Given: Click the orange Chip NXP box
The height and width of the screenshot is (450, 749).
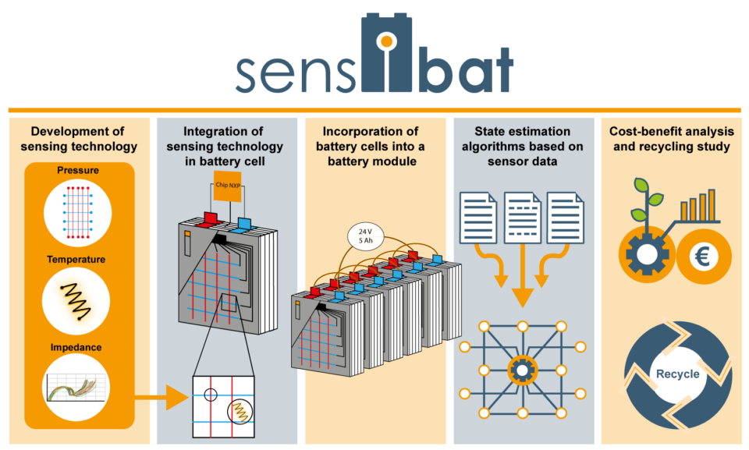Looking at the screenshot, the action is point(227,186).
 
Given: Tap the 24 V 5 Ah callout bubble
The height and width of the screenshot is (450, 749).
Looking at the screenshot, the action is point(365,236).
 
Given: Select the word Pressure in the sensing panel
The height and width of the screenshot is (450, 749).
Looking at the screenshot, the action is point(78,171).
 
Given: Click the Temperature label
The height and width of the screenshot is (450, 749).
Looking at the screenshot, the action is point(76,260).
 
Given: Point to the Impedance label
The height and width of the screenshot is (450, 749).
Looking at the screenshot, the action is point(76,347).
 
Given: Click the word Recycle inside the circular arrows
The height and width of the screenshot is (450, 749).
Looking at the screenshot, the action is point(677,374).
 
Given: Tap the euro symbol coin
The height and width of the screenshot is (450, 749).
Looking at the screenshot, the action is point(703,257).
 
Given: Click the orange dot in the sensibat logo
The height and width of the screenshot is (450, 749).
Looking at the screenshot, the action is point(387,42).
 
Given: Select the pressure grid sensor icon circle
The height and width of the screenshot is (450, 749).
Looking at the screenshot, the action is point(78,213).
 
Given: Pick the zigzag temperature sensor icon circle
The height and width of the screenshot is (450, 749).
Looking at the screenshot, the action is point(76,301).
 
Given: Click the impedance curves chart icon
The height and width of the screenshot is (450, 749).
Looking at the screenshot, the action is point(76,388).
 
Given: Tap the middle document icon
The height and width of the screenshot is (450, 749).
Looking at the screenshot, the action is point(523,218).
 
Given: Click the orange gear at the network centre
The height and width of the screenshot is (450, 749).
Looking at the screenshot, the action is point(523,370).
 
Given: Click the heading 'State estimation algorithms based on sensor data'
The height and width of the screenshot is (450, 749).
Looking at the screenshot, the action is point(523,146).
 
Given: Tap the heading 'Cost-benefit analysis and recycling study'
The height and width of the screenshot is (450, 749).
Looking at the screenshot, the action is point(672,139).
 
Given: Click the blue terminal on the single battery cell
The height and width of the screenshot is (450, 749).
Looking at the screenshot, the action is point(243,224).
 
